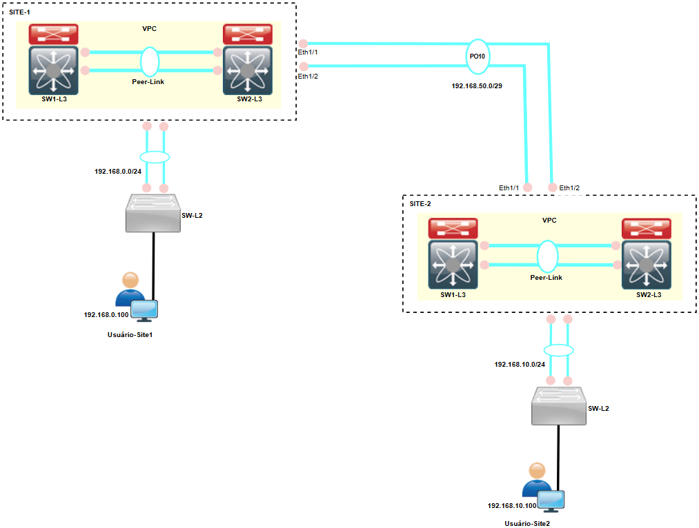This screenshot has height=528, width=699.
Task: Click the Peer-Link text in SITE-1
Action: coord(148,81)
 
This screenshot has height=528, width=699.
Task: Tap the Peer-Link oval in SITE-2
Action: coord(547,256)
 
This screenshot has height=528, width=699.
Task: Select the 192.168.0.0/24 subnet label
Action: coord(118,171)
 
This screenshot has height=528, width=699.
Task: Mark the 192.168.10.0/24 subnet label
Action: coord(520,364)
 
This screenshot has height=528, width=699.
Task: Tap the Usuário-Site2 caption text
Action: coord(527,523)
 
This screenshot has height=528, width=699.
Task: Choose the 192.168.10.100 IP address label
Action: coord(512,505)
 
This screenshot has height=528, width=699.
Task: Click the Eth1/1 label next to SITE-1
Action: coord(307,52)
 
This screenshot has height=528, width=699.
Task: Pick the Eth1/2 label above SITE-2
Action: coord(569,188)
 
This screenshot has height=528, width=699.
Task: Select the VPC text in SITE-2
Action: coord(549,221)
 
